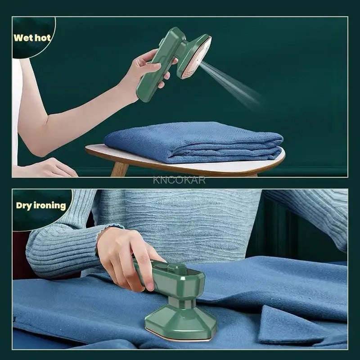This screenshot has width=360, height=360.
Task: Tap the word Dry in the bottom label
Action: coord(24,206)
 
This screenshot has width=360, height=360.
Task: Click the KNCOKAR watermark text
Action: coord(179,180)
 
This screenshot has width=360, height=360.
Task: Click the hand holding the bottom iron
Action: coord(121,256)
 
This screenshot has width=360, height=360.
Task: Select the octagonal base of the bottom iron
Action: coord(180,319)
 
